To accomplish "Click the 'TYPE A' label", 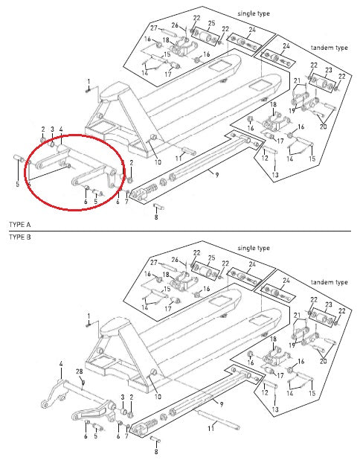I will [x=19, y=224].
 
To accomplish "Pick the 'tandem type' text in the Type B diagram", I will [x=330, y=283].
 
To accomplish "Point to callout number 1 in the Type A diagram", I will [x=87, y=81].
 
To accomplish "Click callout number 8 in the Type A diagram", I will [x=155, y=217].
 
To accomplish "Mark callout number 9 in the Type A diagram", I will [x=215, y=174].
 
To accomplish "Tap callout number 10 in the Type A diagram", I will [x=157, y=162].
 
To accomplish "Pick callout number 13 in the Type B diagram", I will [x=274, y=409].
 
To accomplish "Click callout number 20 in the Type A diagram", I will [x=323, y=127].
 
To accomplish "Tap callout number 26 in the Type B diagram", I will [x=175, y=260].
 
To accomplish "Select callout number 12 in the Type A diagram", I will [x=265, y=157].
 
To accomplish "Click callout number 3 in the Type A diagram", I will [x=53, y=129].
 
